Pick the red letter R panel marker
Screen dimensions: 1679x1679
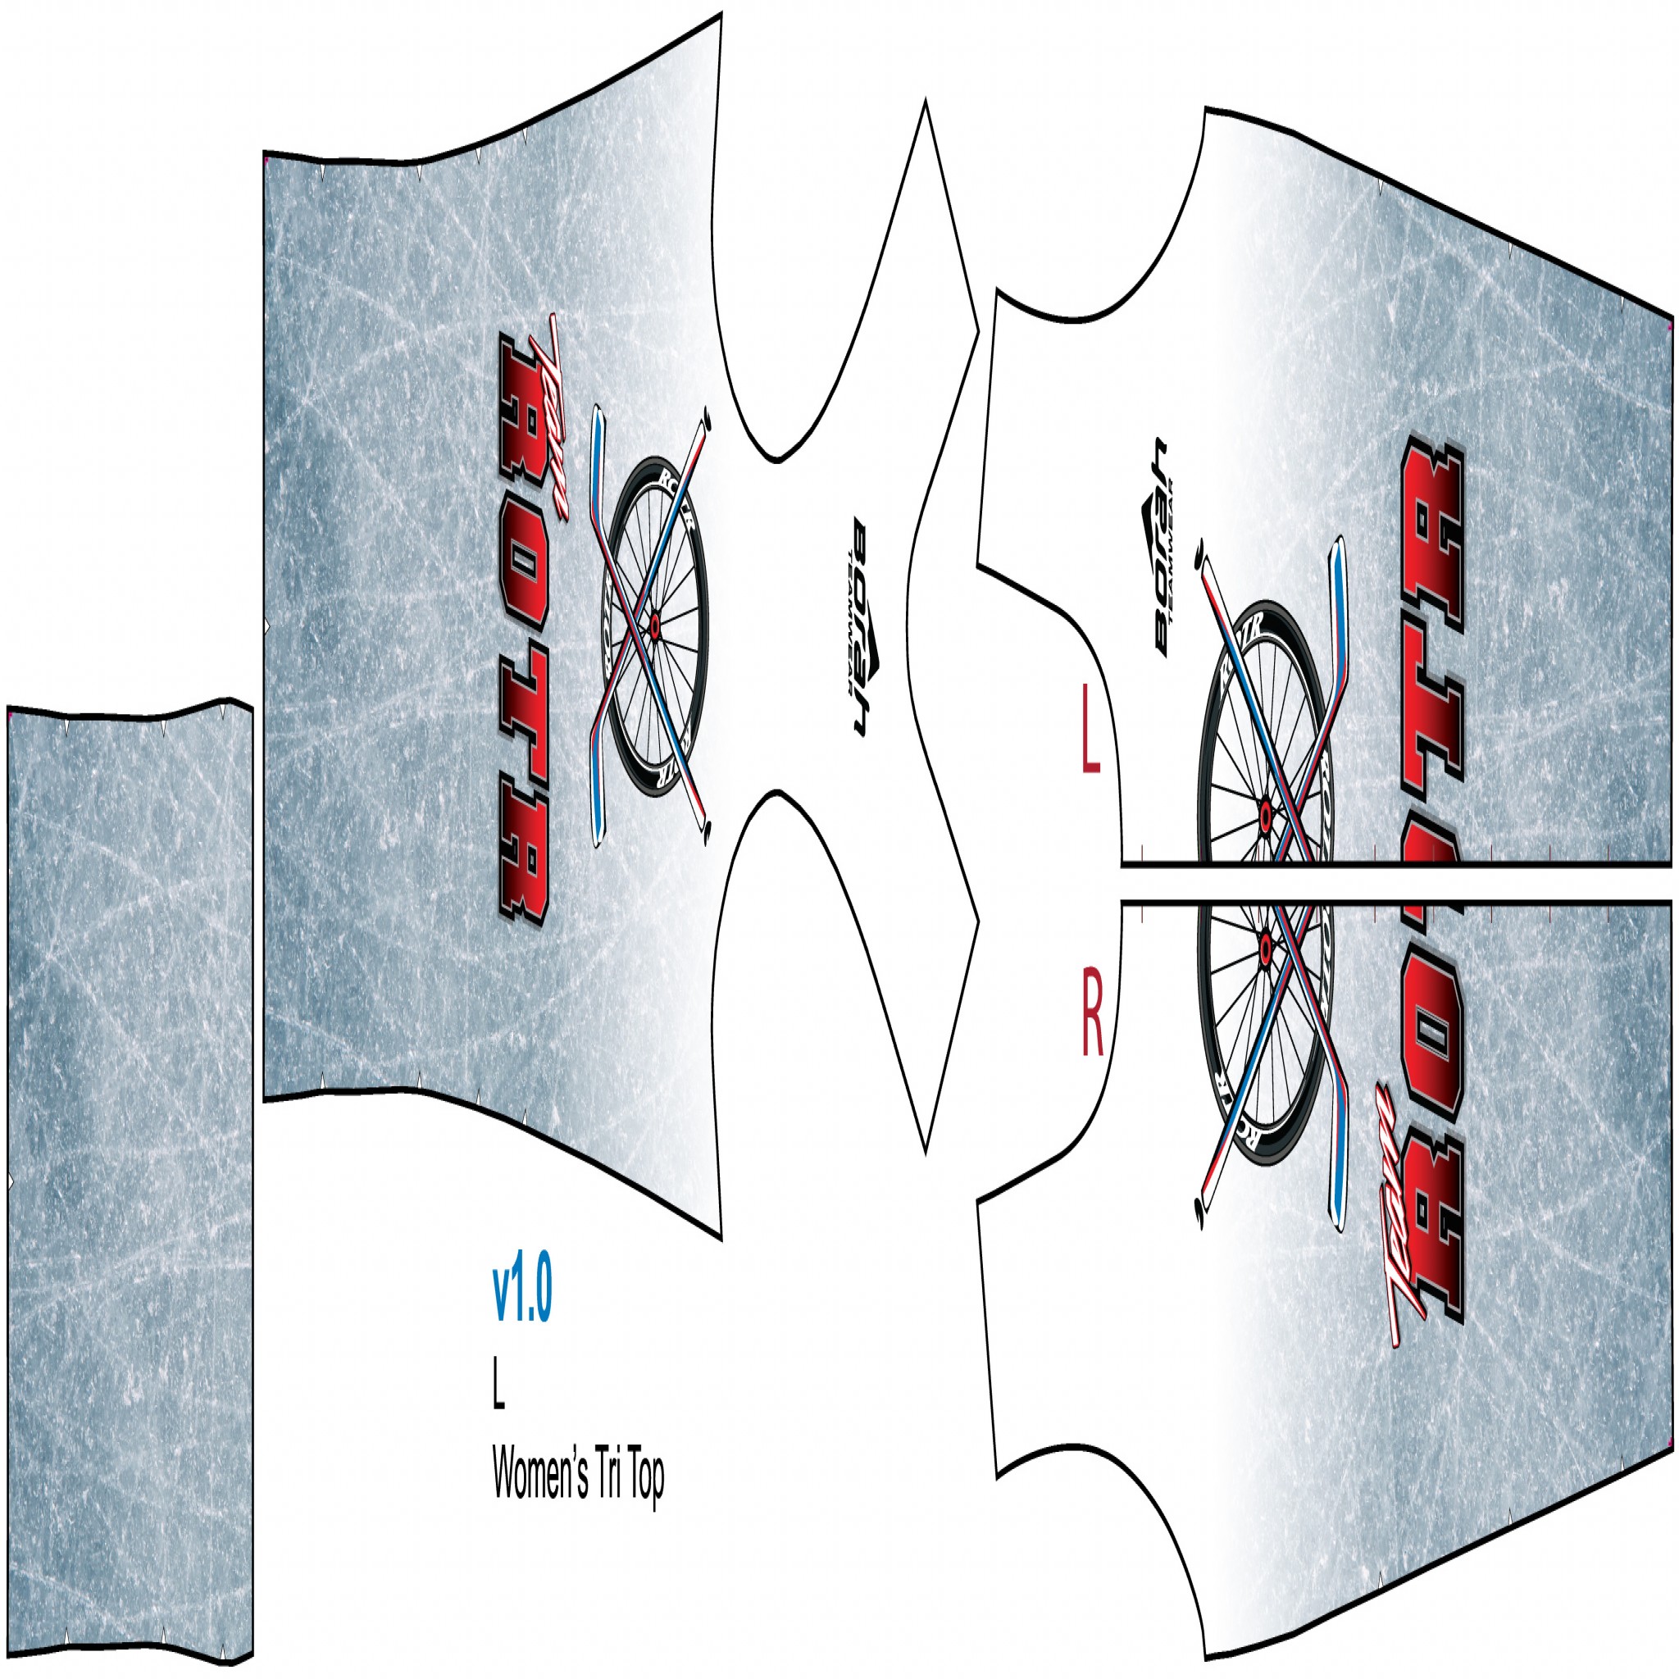point(1091,1026)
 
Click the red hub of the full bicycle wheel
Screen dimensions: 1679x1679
point(653,623)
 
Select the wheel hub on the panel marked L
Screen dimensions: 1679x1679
point(1264,815)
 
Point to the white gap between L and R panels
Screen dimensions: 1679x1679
point(1390,883)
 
